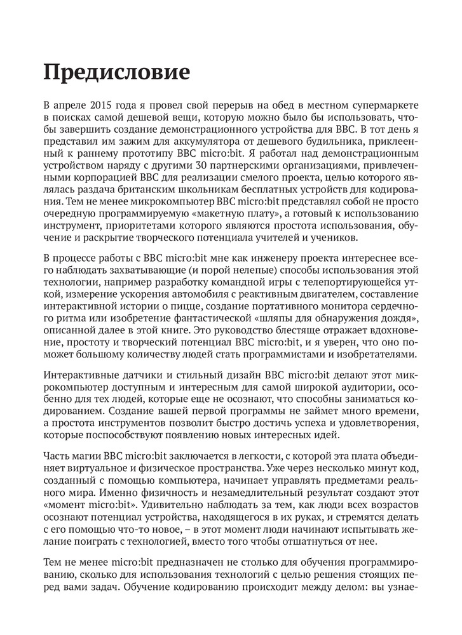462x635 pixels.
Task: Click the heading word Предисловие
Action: [116, 71]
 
